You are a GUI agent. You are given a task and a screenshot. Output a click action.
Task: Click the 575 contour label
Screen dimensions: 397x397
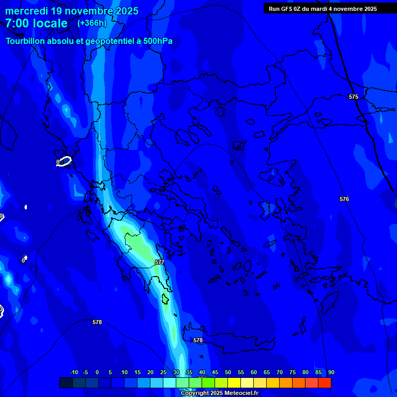tap(354, 97)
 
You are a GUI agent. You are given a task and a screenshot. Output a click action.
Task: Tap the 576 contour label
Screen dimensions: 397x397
tap(344, 199)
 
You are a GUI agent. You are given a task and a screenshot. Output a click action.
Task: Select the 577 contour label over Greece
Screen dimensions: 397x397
tap(160, 263)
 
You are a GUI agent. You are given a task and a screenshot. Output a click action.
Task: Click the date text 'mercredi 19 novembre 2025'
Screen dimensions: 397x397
tap(72, 11)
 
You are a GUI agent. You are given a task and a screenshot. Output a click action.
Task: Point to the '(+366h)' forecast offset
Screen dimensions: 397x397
tap(92, 23)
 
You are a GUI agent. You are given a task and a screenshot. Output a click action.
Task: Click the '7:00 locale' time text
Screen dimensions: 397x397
tap(37, 23)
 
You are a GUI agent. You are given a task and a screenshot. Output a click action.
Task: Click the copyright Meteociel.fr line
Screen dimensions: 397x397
tap(219, 393)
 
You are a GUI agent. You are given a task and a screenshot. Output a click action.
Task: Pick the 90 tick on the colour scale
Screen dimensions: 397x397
tap(331, 372)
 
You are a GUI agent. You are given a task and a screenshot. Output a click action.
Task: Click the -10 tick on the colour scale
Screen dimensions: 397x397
tap(73, 372)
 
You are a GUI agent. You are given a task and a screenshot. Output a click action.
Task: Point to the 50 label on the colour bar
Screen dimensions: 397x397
tap(228, 372)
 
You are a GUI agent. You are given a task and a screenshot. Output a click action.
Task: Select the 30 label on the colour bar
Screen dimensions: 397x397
tap(176, 372)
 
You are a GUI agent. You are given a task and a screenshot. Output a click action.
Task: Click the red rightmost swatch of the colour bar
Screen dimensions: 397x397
tap(325, 383)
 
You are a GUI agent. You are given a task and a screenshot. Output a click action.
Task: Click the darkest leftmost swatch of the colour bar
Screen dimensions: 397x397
tap(66, 383)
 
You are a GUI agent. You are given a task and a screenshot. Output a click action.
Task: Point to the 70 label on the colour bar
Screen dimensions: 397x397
tap(280, 372)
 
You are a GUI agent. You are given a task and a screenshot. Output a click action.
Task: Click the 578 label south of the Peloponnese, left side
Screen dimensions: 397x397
tap(97, 322)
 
